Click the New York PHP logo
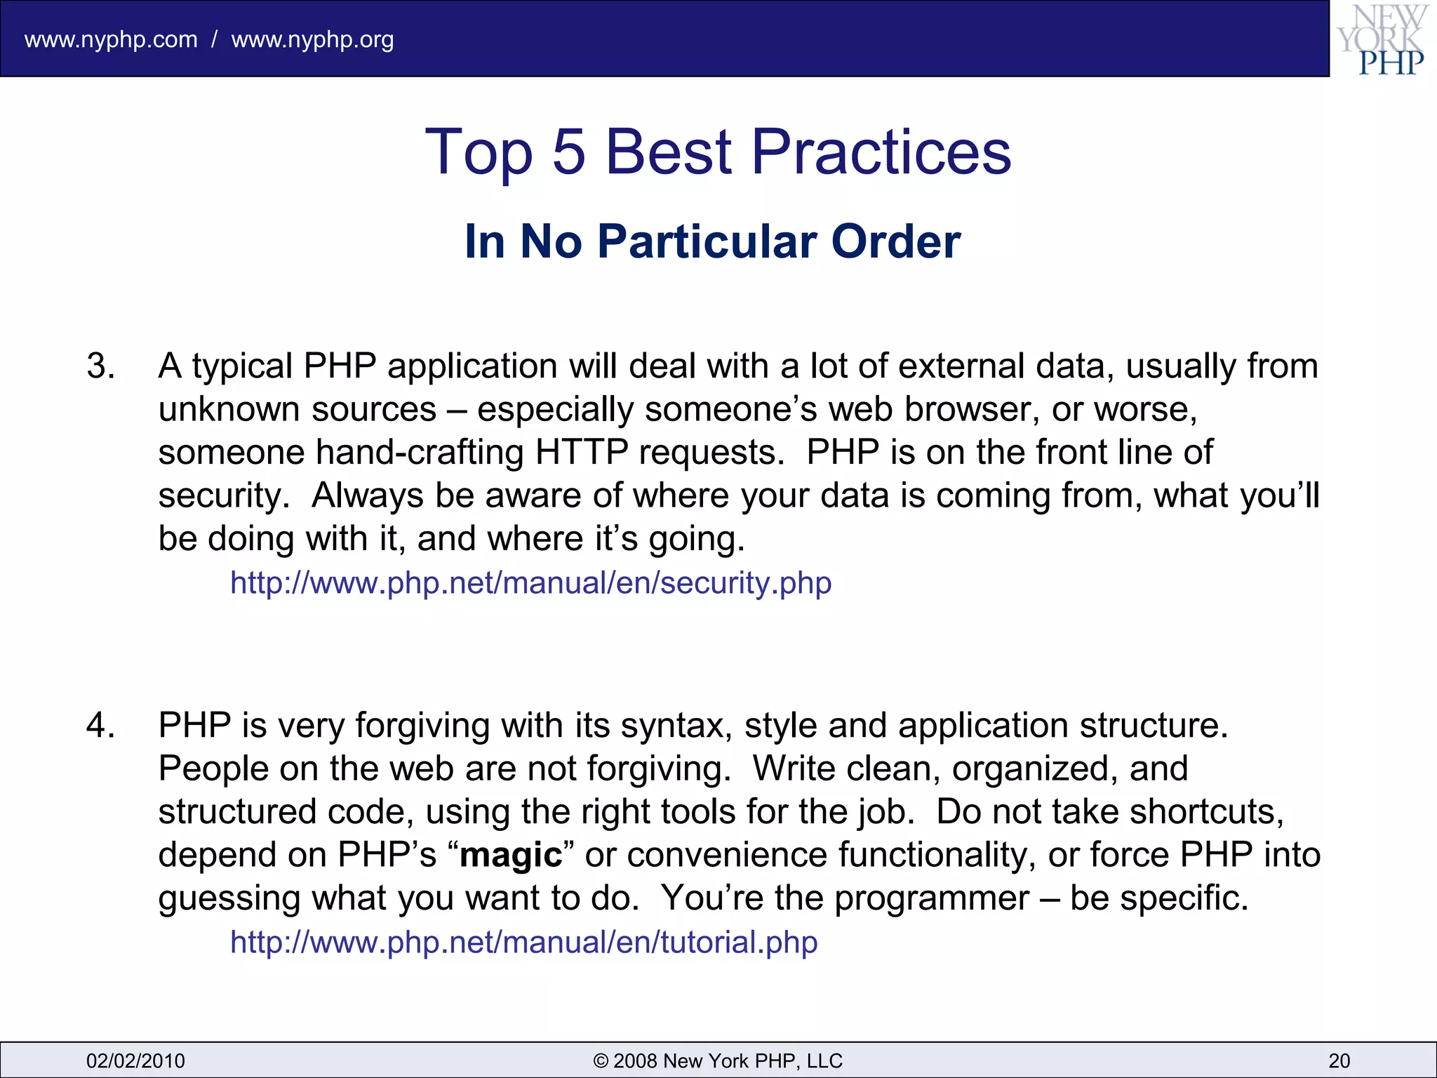(1382, 39)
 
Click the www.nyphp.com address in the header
(111, 39)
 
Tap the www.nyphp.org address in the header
(312, 39)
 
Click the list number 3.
(100, 366)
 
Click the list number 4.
(100, 725)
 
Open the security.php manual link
(530, 583)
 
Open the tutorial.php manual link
(523, 942)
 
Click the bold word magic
(511, 856)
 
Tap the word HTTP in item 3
(581, 453)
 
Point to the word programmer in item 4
(931, 898)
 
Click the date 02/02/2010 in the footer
(135, 1060)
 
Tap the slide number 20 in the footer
(1339, 1060)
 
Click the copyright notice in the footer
(718, 1060)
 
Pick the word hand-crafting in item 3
(420, 453)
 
